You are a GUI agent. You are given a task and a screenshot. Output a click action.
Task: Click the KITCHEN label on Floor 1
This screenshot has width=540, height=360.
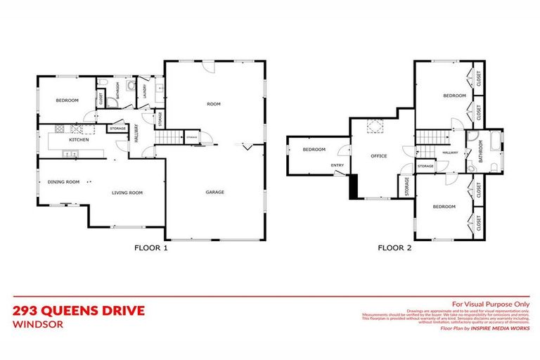tap(77, 140)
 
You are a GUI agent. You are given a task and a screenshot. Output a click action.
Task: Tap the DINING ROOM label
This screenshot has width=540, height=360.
tap(63, 182)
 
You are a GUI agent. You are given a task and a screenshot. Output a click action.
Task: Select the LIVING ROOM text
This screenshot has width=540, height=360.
tap(127, 192)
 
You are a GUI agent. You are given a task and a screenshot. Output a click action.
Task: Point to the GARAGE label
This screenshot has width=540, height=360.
tap(214, 192)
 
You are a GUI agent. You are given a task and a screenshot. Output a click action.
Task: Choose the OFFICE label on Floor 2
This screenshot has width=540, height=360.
tap(379, 155)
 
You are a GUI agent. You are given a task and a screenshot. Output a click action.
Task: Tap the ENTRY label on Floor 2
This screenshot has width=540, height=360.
tap(338, 166)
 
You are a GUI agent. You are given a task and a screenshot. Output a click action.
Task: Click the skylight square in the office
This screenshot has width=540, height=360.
tap(373, 127)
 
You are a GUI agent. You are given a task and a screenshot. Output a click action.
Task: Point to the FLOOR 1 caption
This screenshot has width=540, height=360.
tap(151, 247)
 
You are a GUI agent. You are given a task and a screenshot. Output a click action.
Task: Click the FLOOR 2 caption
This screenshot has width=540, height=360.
tap(394, 247)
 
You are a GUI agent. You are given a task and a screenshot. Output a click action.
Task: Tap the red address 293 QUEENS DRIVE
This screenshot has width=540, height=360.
tap(79, 310)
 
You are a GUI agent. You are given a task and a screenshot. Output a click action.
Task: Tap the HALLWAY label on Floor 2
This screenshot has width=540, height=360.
tap(450, 152)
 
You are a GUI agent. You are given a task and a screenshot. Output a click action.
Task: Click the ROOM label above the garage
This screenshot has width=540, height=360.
tap(214, 104)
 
